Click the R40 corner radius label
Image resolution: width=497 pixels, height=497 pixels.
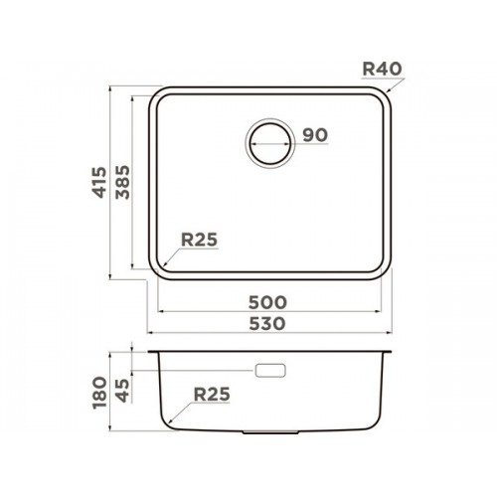[382, 69]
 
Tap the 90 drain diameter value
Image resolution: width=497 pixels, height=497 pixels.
[315, 135]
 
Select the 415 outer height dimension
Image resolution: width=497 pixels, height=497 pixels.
[99, 183]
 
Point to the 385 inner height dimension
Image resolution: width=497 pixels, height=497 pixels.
[122, 182]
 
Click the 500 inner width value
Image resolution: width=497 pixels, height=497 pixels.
[267, 302]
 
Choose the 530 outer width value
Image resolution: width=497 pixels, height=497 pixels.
[267, 323]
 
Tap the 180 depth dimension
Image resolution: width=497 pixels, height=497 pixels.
[99, 393]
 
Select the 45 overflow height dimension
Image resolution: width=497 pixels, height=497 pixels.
[122, 391]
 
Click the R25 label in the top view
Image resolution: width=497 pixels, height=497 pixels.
[199, 240]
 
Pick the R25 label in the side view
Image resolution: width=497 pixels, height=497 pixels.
[212, 395]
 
